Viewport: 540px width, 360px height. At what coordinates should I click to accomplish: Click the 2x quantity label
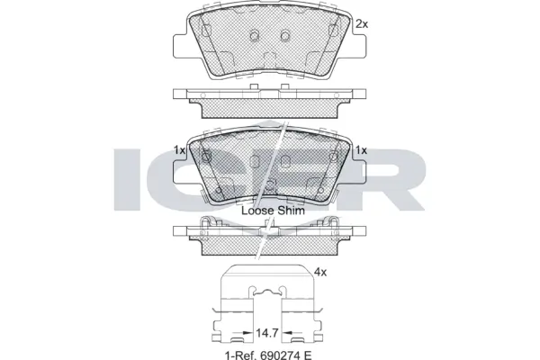362,23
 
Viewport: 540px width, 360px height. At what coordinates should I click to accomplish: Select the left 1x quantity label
178,149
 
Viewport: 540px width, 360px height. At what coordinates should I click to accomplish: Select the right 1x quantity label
362,149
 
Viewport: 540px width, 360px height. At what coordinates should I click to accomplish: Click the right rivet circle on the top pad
285,36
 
